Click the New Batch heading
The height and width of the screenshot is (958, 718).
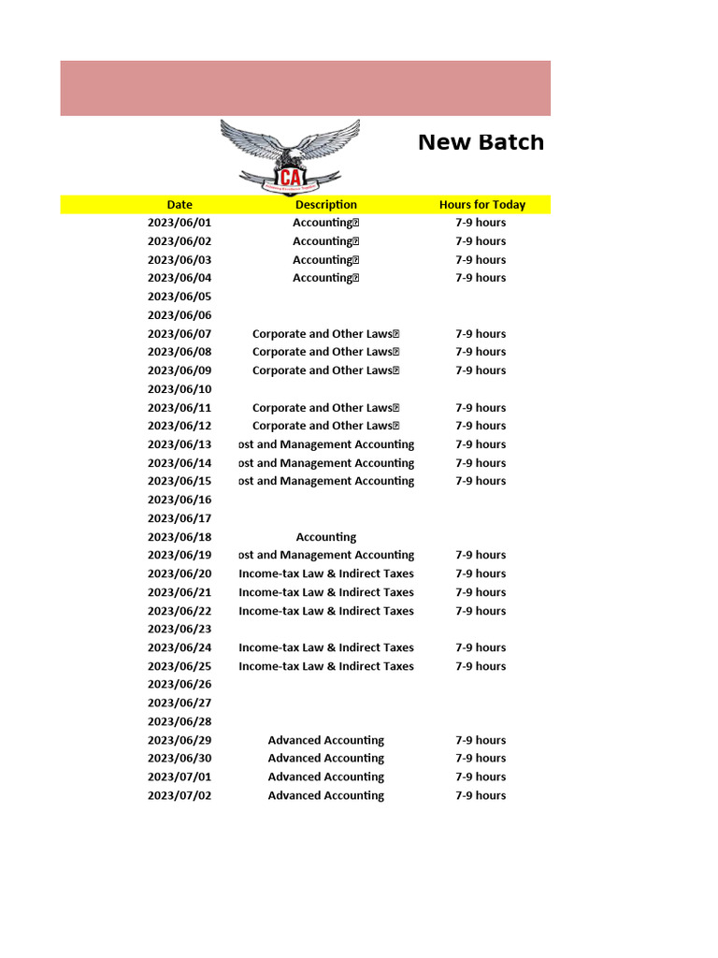pos(481,142)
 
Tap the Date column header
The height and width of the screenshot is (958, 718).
pos(179,205)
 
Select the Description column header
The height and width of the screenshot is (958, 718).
pos(325,205)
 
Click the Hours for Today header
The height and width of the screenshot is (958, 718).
pos(481,205)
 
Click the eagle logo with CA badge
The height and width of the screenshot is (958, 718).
pos(290,155)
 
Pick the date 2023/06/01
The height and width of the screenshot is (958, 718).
pos(179,223)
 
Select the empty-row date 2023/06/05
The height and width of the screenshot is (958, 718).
pos(179,297)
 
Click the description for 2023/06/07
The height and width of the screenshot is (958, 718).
pos(325,334)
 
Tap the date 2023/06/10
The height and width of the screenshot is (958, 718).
pos(179,389)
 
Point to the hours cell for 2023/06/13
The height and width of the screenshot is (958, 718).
pos(481,444)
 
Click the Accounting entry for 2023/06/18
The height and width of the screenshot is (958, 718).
pos(325,537)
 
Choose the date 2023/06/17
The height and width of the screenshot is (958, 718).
pos(179,518)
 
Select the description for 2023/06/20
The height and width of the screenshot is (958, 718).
pos(325,573)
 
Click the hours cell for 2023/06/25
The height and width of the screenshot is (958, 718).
pos(481,666)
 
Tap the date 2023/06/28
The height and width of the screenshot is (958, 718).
pos(179,721)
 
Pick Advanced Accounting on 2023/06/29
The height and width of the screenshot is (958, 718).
pos(325,740)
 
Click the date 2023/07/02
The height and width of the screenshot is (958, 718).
pos(179,795)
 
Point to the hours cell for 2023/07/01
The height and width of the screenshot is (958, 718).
pos(481,777)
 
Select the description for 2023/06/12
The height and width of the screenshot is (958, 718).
pos(325,426)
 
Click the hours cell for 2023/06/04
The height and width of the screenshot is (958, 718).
pos(481,278)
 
